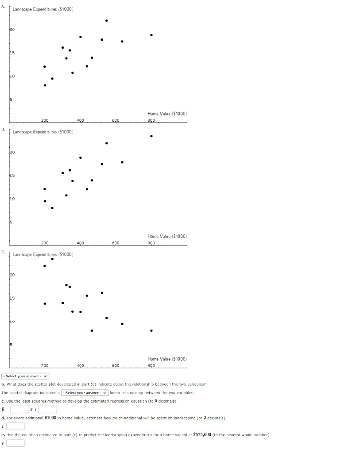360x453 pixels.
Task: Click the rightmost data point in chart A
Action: pyautogui.click(x=151, y=35)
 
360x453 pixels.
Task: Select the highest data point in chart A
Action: pyautogui.click(x=106, y=20)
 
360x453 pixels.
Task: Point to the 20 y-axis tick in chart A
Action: pyautogui.click(x=12, y=30)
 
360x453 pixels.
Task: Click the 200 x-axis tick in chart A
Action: pyautogui.click(x=45, y=120)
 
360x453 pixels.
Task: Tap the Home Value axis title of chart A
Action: pyautogui.click(x=167, y=114)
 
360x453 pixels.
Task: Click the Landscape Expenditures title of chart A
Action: pyautogui.click(x=43, y=9)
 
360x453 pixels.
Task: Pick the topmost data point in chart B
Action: pyautogui.click(x=151, y=136)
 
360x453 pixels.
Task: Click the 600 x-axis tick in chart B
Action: pyautogui.click(x=116, y=242)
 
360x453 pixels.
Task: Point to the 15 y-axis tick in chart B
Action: pyautogui.click(x=12, y=176)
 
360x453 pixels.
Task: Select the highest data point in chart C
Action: pyautogui.click(x=52, y=259)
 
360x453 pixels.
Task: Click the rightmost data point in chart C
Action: pyautogui.click(x=151, y=330)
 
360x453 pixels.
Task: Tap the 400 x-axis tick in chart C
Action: pyautogui.click(x=80, y=365)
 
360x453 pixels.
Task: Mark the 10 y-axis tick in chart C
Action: pyautogui.click(x=12, y=322)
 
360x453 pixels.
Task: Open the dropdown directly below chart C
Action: pyautogui.click(x=25, y=376)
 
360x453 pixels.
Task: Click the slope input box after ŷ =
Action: pyautogui.click(x=19, y=410)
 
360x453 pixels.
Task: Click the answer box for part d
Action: pyautogui.click(x=15, y=426)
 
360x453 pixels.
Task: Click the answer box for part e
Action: pyautogui.click(x=15, y=443)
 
